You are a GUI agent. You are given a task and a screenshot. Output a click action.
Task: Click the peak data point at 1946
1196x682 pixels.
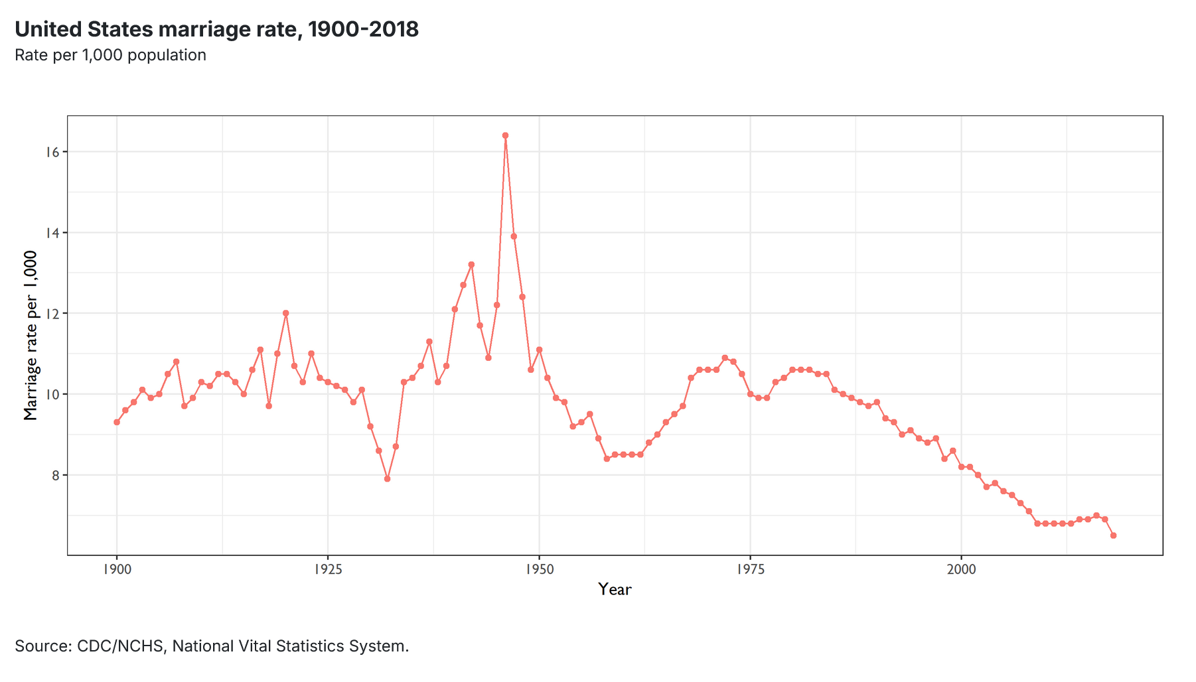click(505, 135)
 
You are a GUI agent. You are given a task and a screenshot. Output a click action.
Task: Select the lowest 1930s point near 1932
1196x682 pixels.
click(387, 478)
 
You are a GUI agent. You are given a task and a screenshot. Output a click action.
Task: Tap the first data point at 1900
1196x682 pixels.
click(117, 422)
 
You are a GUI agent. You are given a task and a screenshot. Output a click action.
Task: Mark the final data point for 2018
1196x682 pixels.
click(1113, 535)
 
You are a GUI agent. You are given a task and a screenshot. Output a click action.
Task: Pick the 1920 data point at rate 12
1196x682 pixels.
click(285, 313)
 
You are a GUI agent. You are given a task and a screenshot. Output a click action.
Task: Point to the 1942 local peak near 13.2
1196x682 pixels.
click(471, 265)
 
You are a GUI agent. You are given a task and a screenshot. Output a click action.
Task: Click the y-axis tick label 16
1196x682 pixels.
click(52, 152)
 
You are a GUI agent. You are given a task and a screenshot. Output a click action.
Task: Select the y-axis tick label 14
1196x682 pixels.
click(52, 233)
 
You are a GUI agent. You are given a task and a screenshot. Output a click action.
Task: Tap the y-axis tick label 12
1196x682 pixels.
click(52, 313)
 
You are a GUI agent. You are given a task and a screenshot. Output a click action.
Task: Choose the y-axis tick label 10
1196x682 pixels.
click(52, 394)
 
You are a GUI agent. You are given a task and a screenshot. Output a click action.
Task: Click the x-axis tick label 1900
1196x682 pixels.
click(117, 569)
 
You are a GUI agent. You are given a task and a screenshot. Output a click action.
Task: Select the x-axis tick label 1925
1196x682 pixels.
click(328, 569)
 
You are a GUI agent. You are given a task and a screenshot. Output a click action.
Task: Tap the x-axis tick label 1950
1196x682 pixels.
click(539, 569)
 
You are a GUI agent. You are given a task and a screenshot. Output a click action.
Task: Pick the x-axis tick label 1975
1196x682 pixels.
click(750, 569)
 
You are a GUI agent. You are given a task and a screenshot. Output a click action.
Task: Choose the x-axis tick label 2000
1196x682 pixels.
click(961, 569)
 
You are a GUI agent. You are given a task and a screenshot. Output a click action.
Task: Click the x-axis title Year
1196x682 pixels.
click(615, 589)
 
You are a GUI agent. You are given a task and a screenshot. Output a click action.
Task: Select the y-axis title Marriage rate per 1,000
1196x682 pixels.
click(31, 336)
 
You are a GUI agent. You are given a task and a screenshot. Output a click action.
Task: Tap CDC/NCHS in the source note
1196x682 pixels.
click(120, 646)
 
